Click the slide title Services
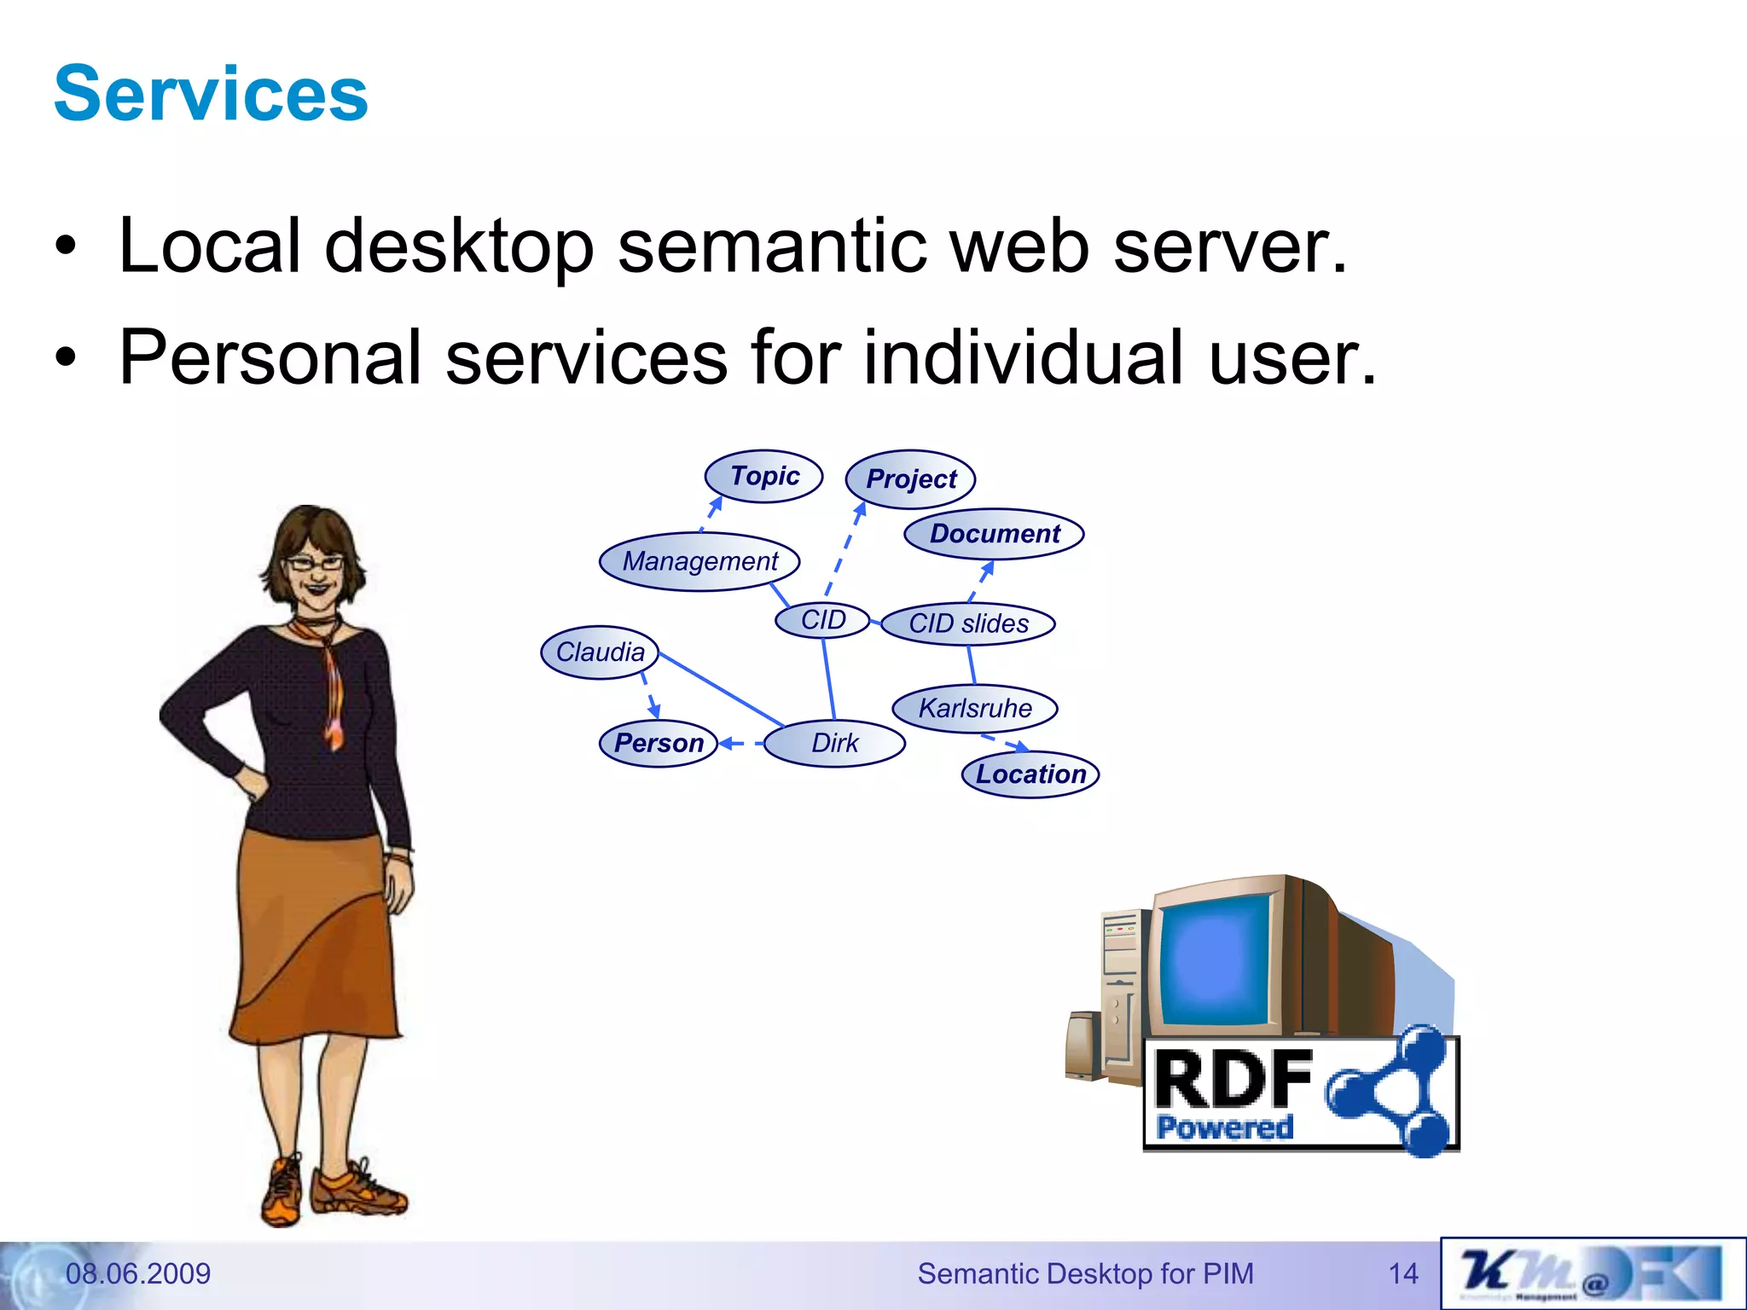point(211,94)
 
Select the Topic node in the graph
point(763,476)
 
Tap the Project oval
point(910,479)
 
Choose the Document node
point(994,534)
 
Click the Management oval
point(699,561)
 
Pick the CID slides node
point(968,623)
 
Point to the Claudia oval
point(600,652)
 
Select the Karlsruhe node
point(975,708)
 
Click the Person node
point(659,743)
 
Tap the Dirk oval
point(834,743)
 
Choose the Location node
point(1030,774)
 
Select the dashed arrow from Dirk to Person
point(741,744)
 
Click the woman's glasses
point(315,563)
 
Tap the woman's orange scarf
point(329,682)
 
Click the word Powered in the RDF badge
point(1224,1127)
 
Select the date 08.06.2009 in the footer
point(138,1273)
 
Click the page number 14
point(1403,1273)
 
